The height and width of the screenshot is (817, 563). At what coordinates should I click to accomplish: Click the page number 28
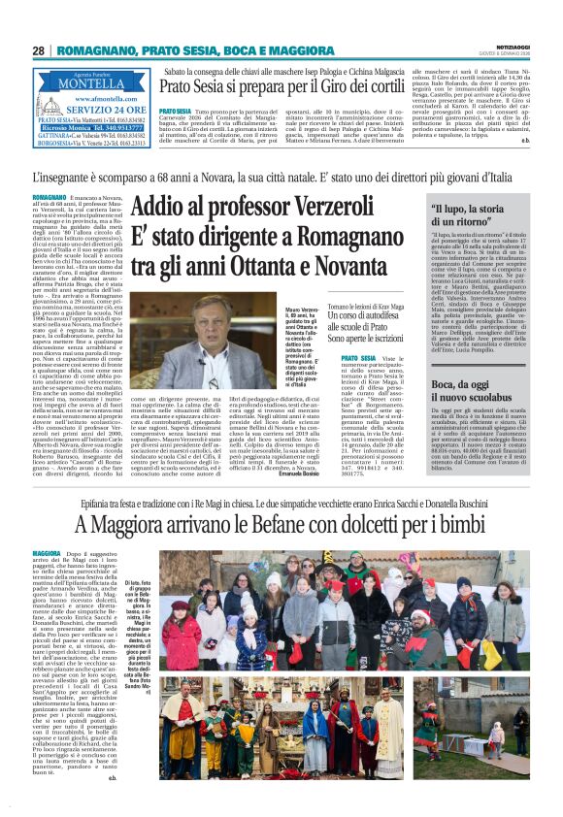coord(38,50)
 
